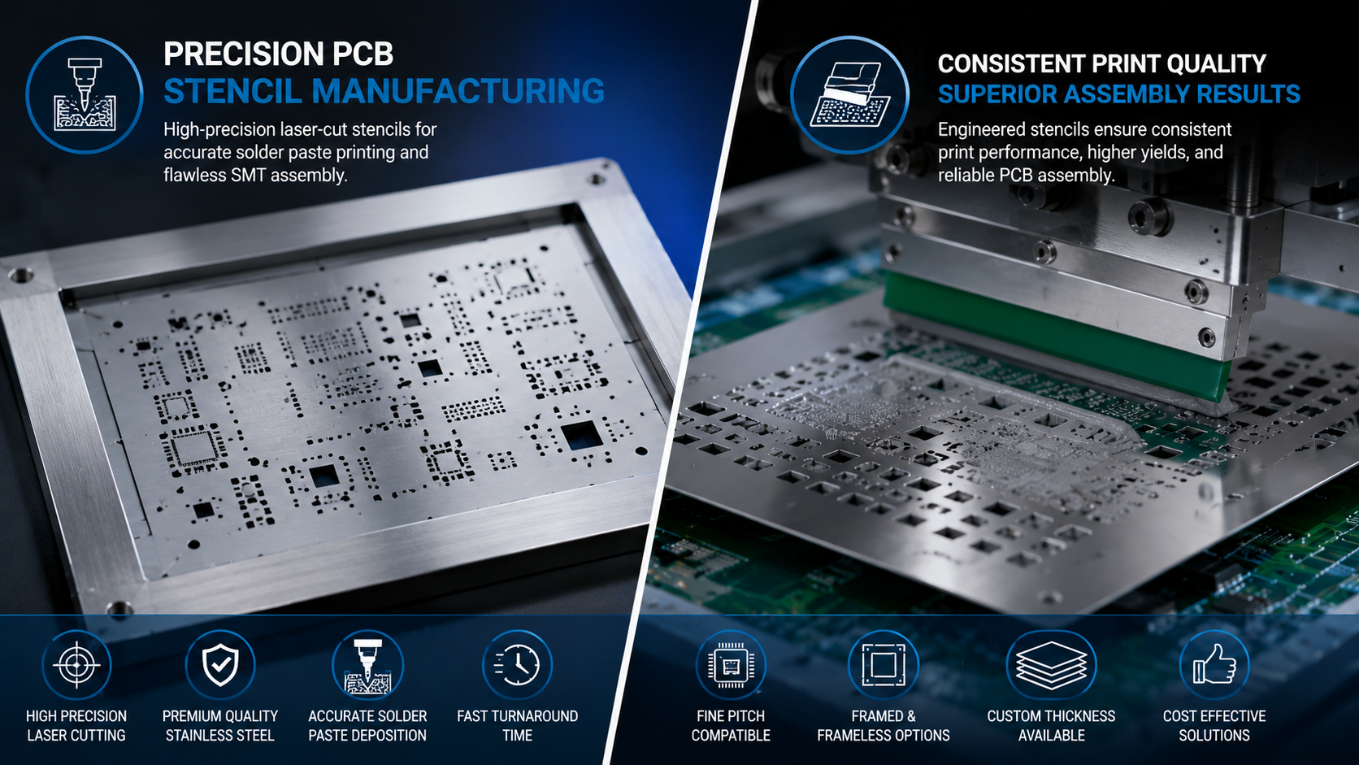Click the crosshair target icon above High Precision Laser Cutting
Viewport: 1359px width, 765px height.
[x=76, y=665]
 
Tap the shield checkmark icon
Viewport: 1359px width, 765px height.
[x=220, y=665]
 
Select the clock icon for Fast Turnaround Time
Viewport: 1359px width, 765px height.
[x=517, y=665]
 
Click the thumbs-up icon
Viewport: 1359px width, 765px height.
[x=1214, y=665]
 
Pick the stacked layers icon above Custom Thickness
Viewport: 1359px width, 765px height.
[x=1052, y=665]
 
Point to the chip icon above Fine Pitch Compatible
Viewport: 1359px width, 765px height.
[x=731, y=665]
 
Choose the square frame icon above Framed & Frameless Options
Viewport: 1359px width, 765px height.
[x=884, y=665]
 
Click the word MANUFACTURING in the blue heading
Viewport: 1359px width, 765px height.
[x=458, y=91]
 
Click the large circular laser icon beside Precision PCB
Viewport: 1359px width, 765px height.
[x=85, y=94]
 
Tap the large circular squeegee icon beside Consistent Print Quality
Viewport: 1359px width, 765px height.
[x=849, y=94]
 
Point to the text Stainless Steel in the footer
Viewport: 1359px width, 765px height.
[x=219, y=735]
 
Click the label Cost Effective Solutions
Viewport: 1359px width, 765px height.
[x=1214, y=725]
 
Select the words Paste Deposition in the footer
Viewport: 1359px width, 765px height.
[x=367, y=735]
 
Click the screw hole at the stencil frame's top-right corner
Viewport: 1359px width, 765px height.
[x=597, y=179]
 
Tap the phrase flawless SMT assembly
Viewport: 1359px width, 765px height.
[x=254, y=176]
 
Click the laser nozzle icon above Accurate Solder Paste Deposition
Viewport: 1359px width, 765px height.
[x=367, y=665]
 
